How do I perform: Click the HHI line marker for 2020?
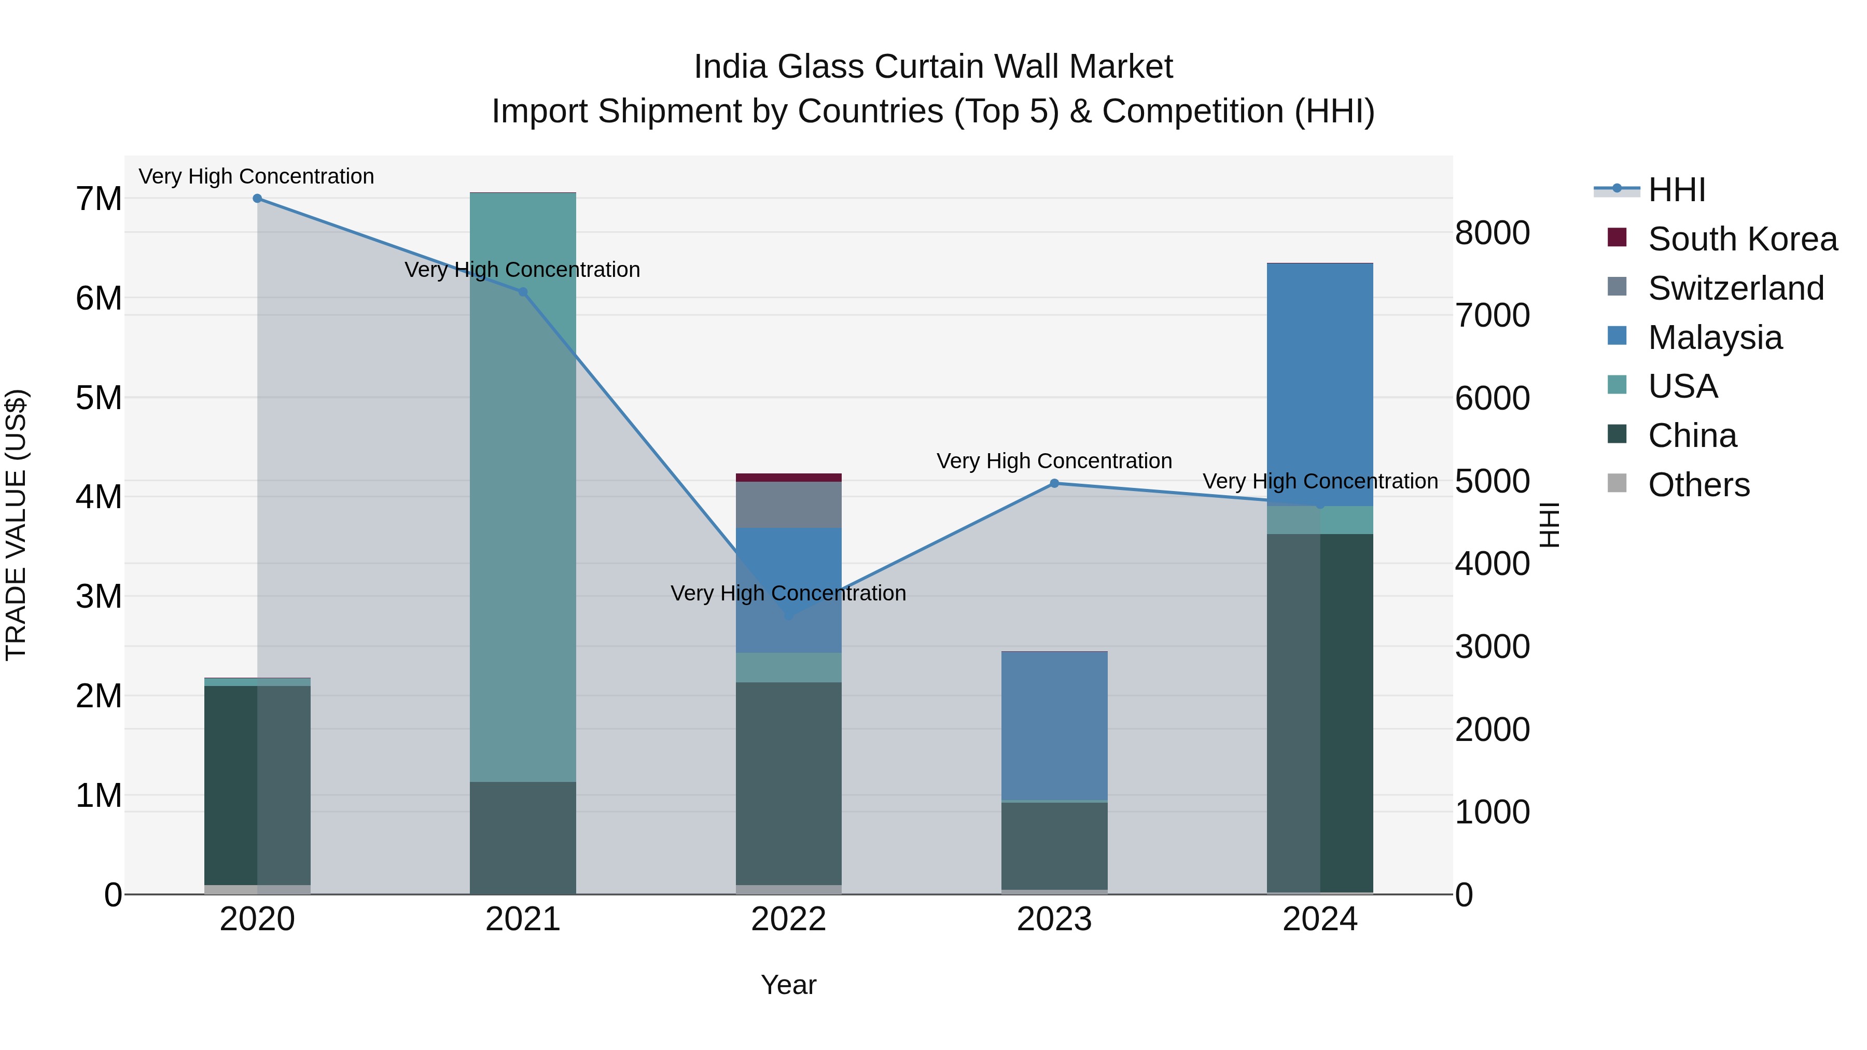tap(257, 199)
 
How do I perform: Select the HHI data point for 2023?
tap(1054, 483)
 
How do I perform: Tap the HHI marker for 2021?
tap(523, 292)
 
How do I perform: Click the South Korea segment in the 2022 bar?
tap(788, 478)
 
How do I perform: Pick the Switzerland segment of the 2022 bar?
tap(788, 505)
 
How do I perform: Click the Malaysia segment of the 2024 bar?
tap(1320, 384)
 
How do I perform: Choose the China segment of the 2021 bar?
tap(523, 838)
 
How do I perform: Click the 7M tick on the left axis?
tap(99, 199)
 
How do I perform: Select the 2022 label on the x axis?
tap(788, 919)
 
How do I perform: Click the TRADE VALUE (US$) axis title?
tap(16, 525)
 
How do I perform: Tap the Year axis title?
tap(788, 985)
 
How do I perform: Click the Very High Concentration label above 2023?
tap(1054, 461)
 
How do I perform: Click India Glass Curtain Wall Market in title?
tap(933, 67)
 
